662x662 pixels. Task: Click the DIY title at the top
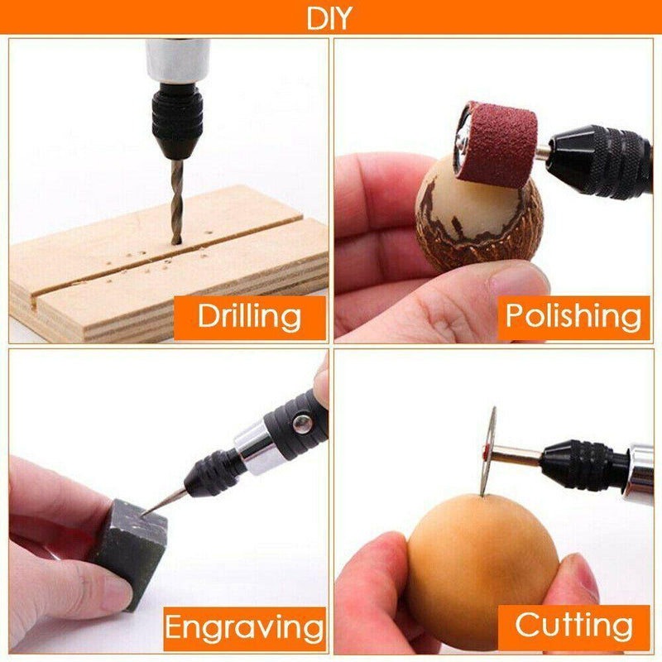[329, 18]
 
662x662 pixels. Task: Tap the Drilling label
[250, 317]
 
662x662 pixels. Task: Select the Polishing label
[573, 317]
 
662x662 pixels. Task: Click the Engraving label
[245, 627]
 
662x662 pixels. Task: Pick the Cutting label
[573, 626]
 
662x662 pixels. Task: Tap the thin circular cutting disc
[488, 451]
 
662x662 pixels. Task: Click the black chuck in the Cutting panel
[585, 466]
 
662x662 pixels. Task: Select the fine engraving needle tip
[164, 501]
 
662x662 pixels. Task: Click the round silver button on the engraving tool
[303, 424]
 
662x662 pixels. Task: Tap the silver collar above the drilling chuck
[178, 61]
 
